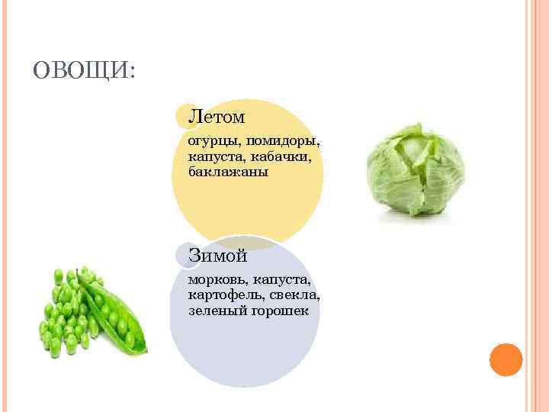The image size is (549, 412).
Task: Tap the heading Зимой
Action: pos(218,256)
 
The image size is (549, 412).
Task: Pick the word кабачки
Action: pos(283,156)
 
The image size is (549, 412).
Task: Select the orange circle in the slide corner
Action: pos(505,359)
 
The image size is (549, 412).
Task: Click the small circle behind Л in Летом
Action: pos(183,117)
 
